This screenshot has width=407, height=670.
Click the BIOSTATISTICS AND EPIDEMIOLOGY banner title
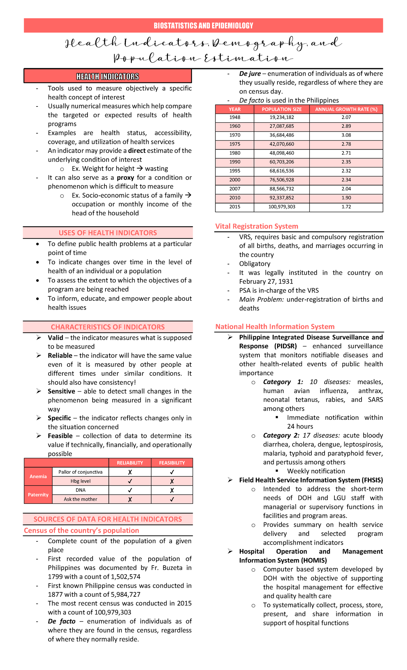pos(203,26)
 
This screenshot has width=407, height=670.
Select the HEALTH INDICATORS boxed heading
pos(108,77)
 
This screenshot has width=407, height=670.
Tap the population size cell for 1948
pos(282,117)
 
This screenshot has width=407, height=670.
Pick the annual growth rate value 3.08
pos(346,135)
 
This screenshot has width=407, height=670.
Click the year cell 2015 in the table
pos(234,207)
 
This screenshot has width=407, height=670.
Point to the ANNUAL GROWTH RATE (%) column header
pos(346,109)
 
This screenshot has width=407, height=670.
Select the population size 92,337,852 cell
pos(282,198)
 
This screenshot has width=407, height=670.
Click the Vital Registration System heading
pos(256,226)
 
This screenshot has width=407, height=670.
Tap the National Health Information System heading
pos(275,327)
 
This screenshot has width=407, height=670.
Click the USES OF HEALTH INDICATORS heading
pos(108,233)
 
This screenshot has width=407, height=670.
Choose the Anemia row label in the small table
pos(38,476)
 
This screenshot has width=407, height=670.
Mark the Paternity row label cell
pos(38,495)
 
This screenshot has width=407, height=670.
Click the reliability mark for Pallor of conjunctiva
pos(130,472)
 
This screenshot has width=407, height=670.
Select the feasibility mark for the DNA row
pos(172,490)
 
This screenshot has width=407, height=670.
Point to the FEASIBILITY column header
pos(172,463)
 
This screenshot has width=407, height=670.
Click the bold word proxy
pos(125,178)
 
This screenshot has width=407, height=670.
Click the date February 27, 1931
pos(266,281)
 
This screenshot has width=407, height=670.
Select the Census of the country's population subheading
pos(81,530)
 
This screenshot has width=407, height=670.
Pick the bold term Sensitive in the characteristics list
pos(61,391)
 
